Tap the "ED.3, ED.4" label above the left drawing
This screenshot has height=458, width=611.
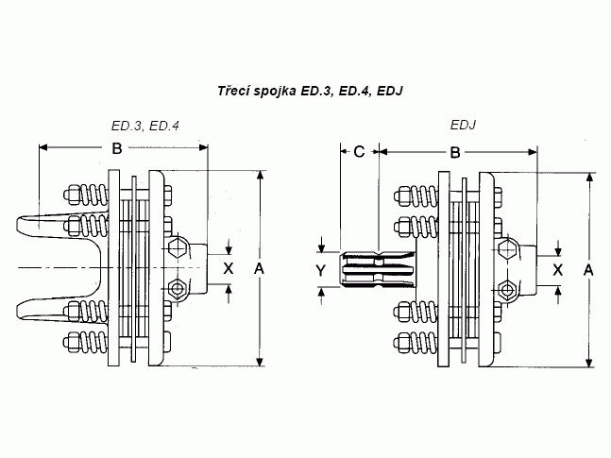point(144,127)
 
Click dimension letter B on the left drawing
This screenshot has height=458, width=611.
point(116,147)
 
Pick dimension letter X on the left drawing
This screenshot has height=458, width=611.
point(227,268)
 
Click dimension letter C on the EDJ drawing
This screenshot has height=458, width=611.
point(359,150)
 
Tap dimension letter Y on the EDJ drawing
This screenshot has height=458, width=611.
point(322,270)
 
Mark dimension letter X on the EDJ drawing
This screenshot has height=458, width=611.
point(558,269)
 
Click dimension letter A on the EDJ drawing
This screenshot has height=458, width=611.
point(588,270)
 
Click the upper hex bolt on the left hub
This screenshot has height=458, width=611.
point(178,249)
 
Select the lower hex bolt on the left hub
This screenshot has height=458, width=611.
point(178,287)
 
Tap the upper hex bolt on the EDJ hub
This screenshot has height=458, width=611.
point(508,251)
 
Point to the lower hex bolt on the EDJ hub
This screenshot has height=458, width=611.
point(508,288)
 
